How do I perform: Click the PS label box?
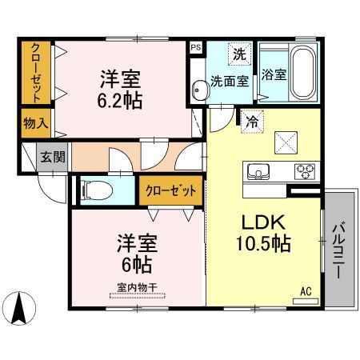(195, 47)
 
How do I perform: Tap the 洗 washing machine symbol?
(238, 54)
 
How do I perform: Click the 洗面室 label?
(230, 81)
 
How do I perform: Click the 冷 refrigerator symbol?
(252, 122)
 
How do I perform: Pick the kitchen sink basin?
(259, 171)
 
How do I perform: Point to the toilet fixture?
(96, 190)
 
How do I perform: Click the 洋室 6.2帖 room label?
(120, 90)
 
